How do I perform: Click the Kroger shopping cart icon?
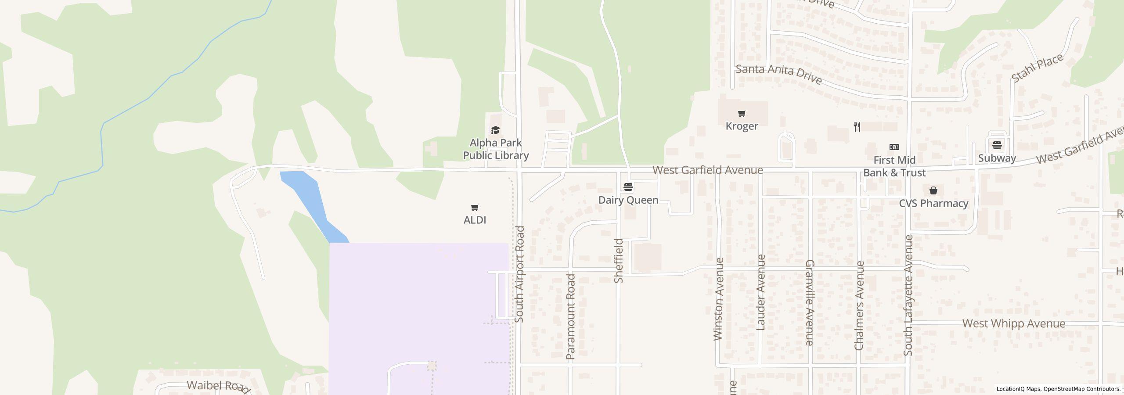pos(742,114)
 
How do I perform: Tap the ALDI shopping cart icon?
pos(475,207)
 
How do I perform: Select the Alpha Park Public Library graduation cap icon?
pos(496,130)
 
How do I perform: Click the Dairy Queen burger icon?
pos(628,187)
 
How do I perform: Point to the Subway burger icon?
pos(997,145)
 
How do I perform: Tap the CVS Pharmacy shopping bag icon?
pos(933,190)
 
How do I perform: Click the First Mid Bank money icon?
pos(894,147)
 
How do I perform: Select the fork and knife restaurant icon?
pos(857,127)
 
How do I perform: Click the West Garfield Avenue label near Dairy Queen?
pos(707,170)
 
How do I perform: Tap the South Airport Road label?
pos(519,274)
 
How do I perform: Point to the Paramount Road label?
pos(570,316)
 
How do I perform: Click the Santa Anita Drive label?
pos(778,74)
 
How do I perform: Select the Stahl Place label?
pos(1037,68)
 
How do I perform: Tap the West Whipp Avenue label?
pos(1013,324)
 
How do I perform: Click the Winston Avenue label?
pos(718,299)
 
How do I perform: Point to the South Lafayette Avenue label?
pos(908,295)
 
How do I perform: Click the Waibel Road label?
pos(218,386)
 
